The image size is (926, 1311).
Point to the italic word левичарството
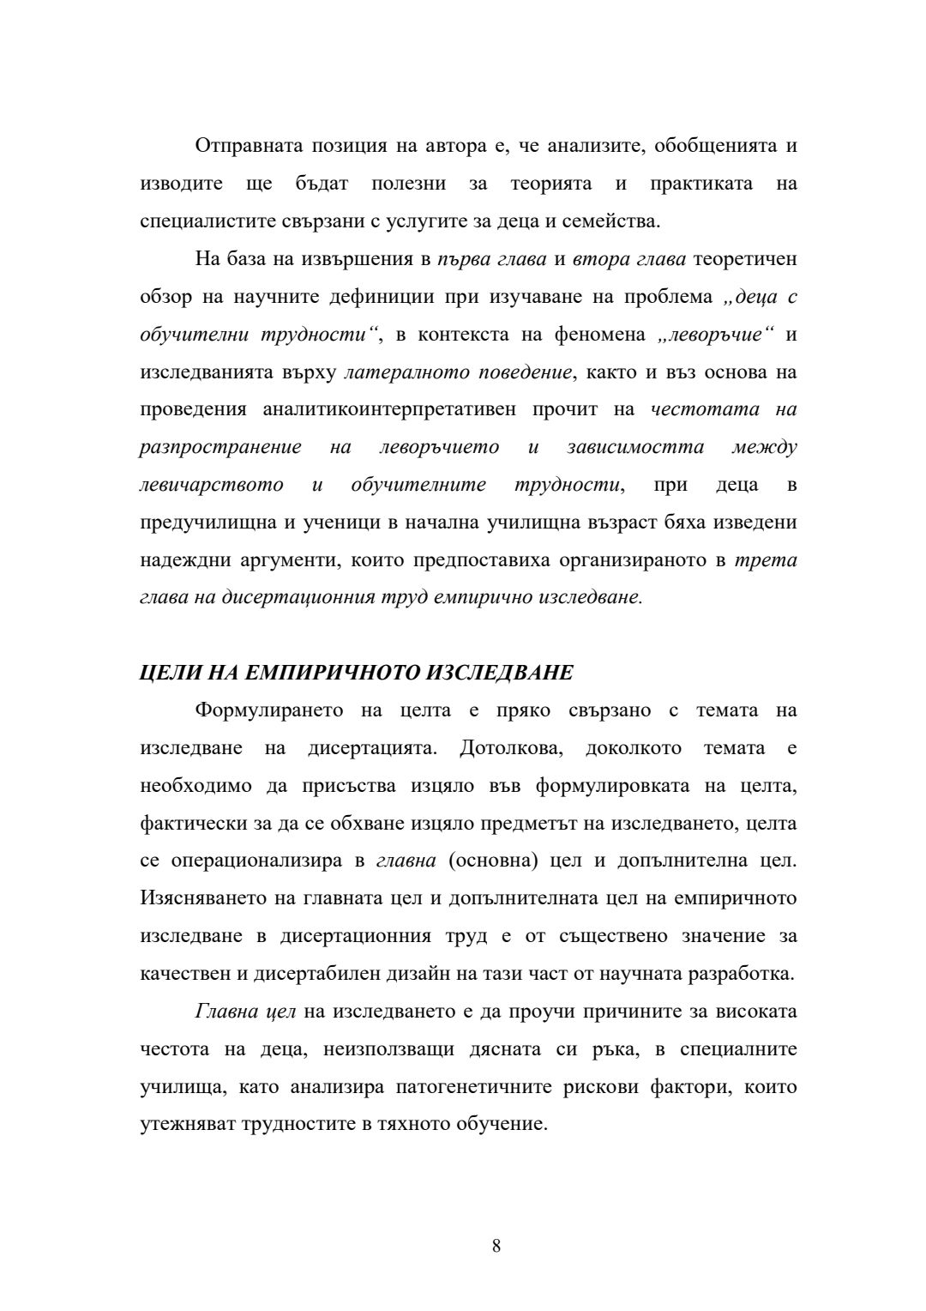tap(212, 485)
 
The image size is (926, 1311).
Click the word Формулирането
tap(269, 710)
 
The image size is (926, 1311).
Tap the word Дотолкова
tap(511, 748)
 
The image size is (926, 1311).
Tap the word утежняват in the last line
tap(189, 1125)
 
